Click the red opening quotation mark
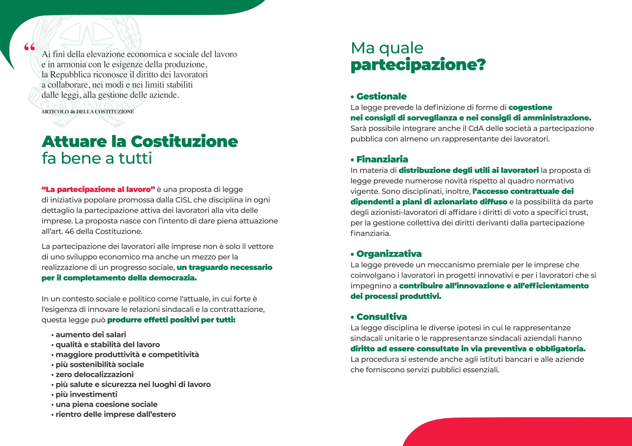[30, 47]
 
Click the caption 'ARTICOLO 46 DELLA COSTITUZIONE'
[88, 112]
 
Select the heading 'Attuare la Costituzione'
[140, 141]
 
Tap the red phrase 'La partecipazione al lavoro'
[98, 190]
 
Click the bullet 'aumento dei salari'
[91, 335]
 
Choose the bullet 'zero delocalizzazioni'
[94, 374]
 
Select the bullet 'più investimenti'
[86, 395]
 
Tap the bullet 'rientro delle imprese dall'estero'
[116, 414]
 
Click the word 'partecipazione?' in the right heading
[418, 65]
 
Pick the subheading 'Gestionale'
[381, 96]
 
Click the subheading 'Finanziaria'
[382, 159]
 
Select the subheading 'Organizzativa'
[389, 254]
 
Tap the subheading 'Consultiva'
[382, 317]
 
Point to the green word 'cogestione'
[530, 108]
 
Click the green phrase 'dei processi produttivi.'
[396, 296]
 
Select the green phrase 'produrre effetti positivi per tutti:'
[171, 320]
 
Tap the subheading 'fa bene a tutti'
[97, 158]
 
